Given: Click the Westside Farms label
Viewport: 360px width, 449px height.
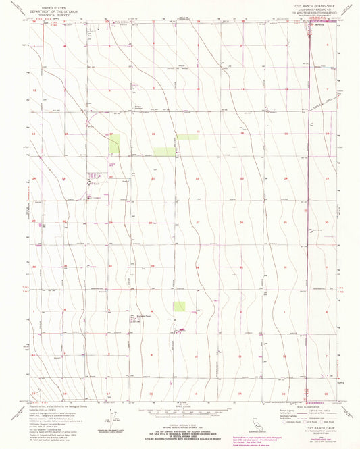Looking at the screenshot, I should click(142, 315).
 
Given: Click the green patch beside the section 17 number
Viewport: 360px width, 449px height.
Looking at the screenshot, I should click(114, 144).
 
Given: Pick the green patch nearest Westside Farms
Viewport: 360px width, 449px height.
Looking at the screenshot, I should click(179, 306).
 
